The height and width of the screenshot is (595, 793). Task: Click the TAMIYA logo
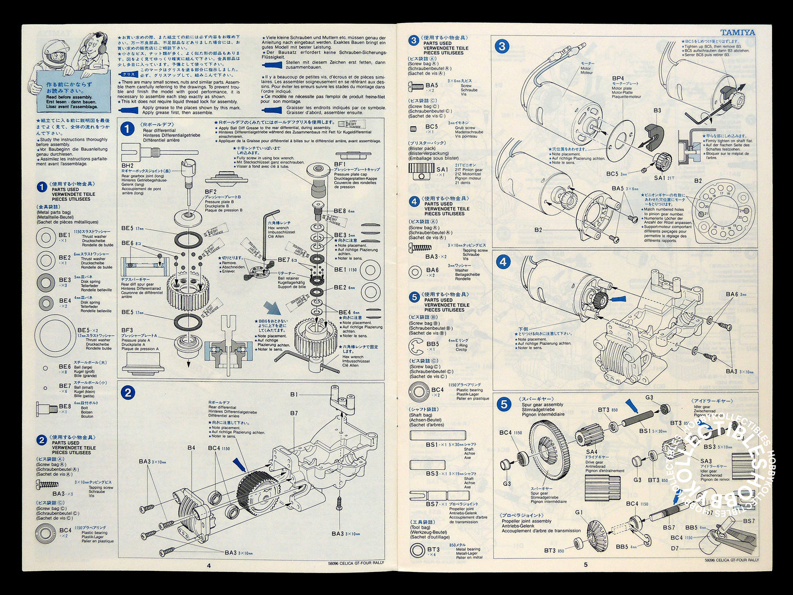[x=737, y=32]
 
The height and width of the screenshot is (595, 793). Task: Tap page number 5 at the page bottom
[x=585, y=564]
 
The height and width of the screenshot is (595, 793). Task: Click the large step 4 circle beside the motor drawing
[x=503, y=262]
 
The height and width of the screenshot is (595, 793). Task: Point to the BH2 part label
[x=127, y=165]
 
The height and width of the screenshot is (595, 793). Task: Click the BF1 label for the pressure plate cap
[x=340, y=164]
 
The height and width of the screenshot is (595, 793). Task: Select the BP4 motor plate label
[x=618, y=78]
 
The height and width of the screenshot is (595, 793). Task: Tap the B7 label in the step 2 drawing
[x=294, y=413]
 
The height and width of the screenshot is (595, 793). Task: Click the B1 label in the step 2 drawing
[x=294, y=394]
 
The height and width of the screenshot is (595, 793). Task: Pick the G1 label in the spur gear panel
[x=578, y=512]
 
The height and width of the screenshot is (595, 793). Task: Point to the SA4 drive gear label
[x=591, y=452]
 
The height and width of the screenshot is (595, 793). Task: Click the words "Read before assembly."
[x=69, y=97]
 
